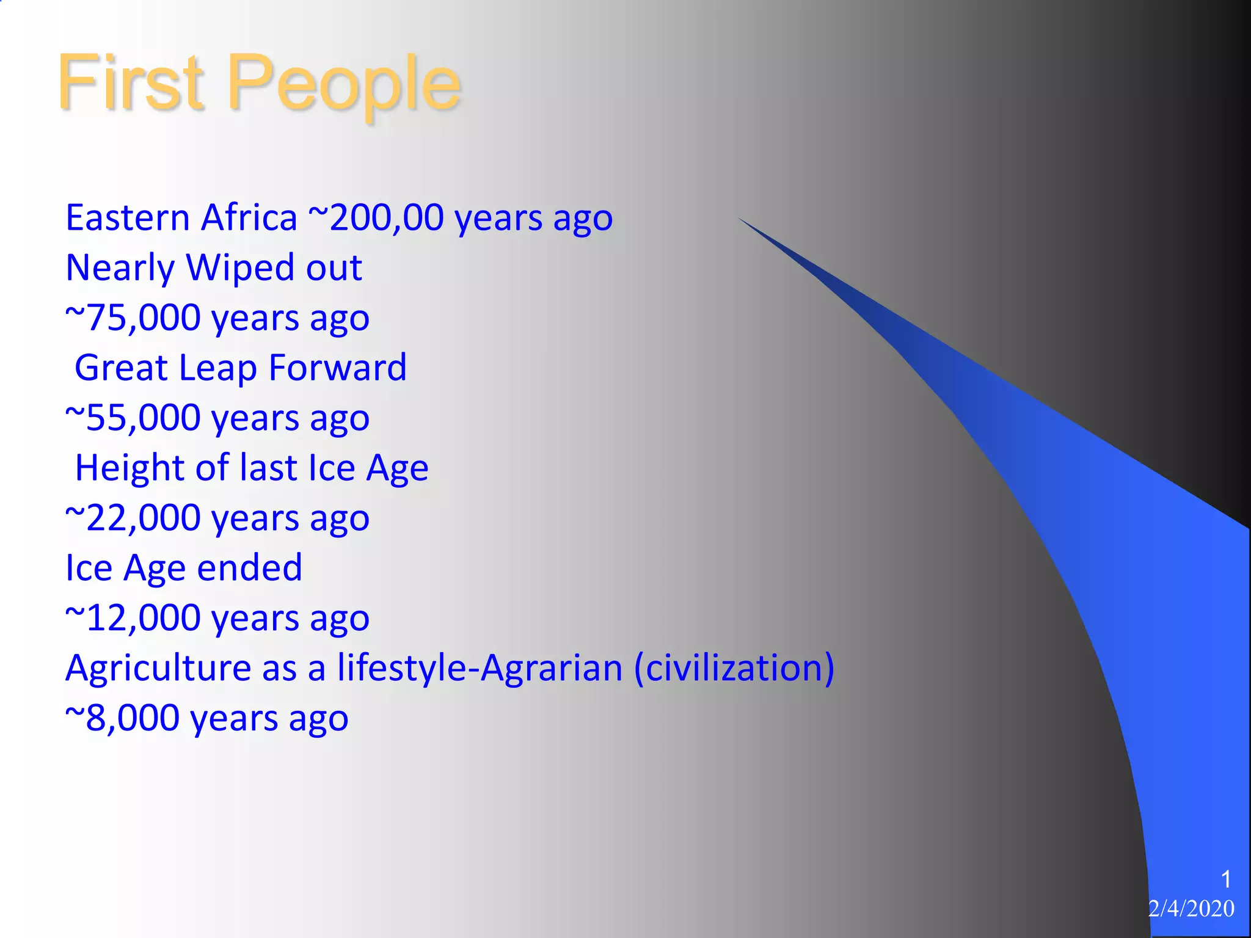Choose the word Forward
(x=337, y=368)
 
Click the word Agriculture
(x=158, y=669)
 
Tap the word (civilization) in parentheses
(x=734, y=668)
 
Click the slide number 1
(x=1225, y=880)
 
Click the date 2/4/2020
(x=1191, y=909)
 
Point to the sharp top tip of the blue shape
(x=740, y=219)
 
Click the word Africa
(x=249, y=217)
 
